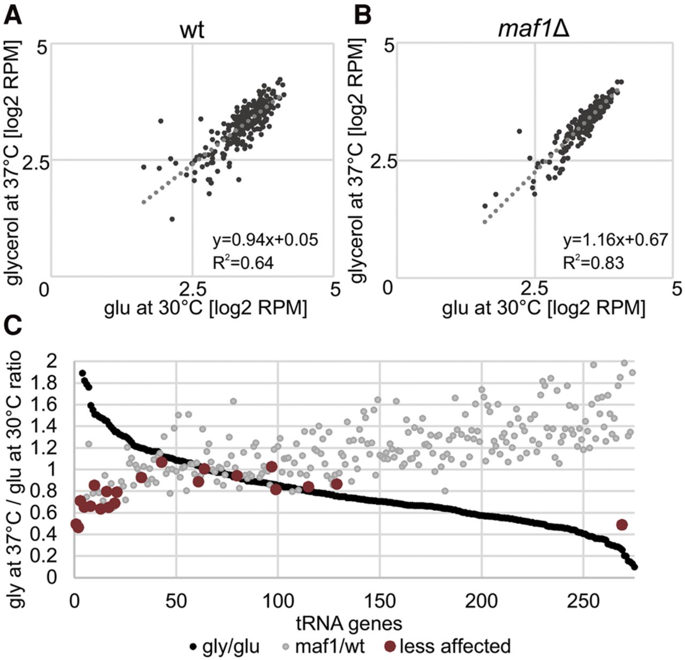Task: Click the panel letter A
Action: coord(13,15)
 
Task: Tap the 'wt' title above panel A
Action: coord(192,30)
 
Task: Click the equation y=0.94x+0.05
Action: coord(265,240)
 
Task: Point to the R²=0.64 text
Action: coord(243,263)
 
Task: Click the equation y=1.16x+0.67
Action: coord(615,239)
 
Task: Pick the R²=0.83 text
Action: coord(593,262)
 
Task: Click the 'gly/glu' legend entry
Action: coord(225,646)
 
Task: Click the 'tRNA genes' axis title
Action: coord(348,623)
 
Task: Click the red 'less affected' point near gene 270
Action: coord(622,525)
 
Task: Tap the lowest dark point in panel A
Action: coord(172,219)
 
